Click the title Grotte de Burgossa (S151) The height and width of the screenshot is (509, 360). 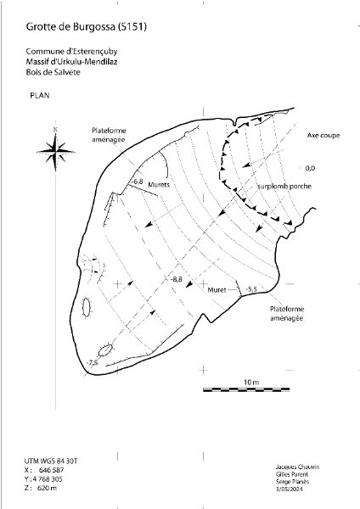tap(86, 26)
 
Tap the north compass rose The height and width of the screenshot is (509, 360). tap(55, 151)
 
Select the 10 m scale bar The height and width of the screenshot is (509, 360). tap(246, 389)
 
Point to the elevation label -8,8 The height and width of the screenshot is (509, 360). tap(177, 279)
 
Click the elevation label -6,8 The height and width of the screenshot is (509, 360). tap(138, 182)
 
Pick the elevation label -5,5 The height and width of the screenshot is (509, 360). tap(251, 289)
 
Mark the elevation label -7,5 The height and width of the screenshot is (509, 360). tap(93, 362)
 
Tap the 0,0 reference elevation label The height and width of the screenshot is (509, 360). tap(310, 168)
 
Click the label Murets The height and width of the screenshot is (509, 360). tap(159, 185)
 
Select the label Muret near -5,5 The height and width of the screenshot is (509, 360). tap(217, 289)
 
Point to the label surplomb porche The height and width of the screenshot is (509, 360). tap(284, 187)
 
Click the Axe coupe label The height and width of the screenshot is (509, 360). tap(323, 136)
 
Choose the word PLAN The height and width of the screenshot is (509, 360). tap(40, 95)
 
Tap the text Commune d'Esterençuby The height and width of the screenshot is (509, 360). tap(71, 51)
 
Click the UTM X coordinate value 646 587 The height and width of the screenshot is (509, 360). tap(51, 470)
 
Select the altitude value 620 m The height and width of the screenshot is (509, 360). tap(47, 488)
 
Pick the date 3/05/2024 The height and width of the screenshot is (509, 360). tap(289, 489)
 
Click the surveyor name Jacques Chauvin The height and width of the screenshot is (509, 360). tap(297, 467)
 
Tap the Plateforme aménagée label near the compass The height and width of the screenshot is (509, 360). tap(109, 135)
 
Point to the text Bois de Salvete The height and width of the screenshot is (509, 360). tap(53, 72)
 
